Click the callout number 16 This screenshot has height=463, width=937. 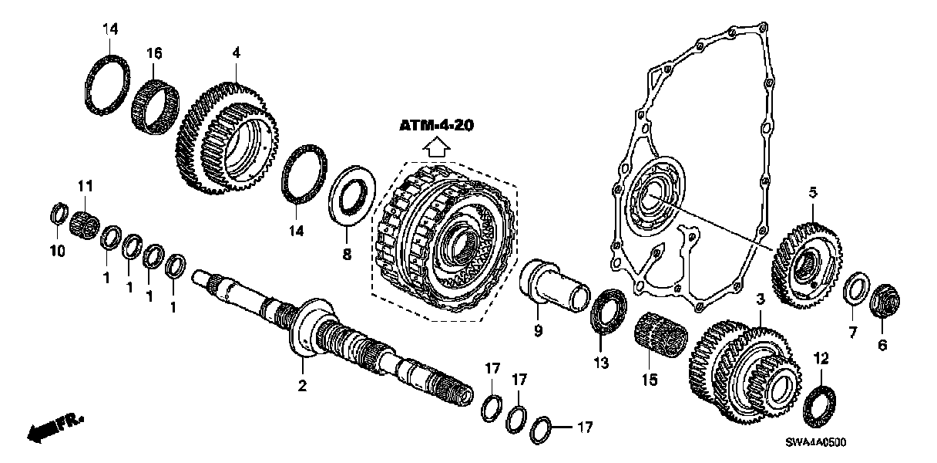pyautogui.click(x=155, y=52)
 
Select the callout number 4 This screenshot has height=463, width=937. pyautogui.click(x=236, y=52)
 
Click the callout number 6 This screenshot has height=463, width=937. pyautogui.click(x=882, y=345)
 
